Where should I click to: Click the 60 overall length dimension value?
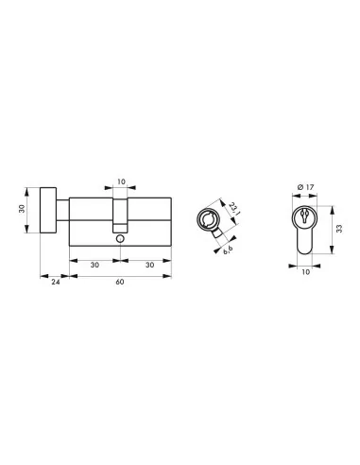pos(120,282)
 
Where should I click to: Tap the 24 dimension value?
pos(56,282)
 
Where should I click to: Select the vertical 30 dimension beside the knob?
pos(22,209)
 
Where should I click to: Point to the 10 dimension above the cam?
pos(121,181)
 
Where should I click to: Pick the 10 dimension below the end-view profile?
pos(306,272)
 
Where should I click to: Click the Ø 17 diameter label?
pos(305,187)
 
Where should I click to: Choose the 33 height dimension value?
pos(339,229)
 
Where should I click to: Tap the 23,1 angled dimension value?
pos(233,209)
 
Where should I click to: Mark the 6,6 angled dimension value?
pos(228,250)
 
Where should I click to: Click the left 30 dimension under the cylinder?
pos(94,265)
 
